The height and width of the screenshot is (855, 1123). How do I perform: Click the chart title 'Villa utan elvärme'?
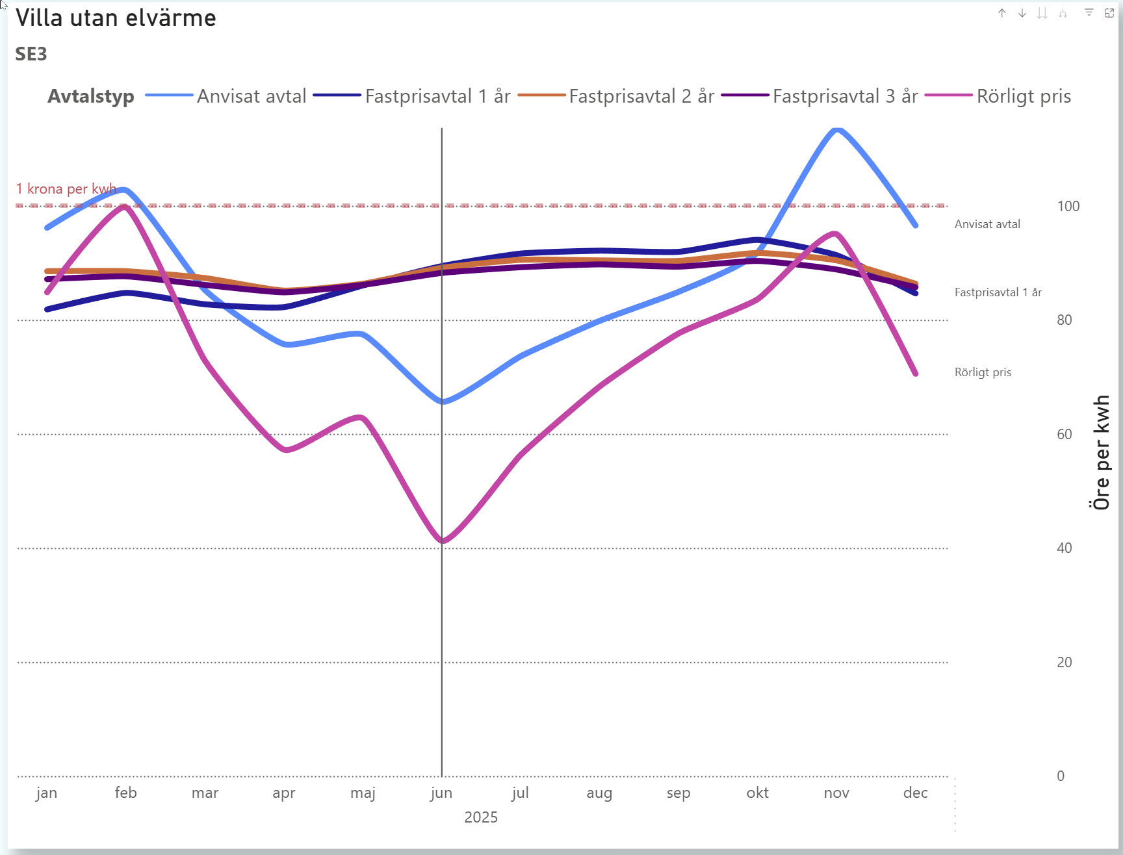click(116, 18)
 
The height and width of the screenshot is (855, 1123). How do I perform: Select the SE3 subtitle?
click(31, 54)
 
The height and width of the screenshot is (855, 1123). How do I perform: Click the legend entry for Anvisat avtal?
click(251, 96)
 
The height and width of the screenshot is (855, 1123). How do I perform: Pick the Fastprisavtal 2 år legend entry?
click(641, 96)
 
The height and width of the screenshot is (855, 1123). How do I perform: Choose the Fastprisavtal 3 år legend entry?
click(844, 96)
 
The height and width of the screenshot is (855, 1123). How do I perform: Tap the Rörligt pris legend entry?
click(1023, 96)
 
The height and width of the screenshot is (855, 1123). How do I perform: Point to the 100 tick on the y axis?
click(1068, 206)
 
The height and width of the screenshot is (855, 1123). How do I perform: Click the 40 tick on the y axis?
click(1064, 548)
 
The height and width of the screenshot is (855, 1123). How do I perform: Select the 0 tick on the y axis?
click(1061, 776)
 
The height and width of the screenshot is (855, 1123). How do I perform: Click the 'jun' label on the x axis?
click(441, 793)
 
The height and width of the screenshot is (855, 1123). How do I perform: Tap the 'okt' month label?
click(757, 793)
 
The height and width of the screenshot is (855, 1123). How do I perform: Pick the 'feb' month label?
click(125, 793)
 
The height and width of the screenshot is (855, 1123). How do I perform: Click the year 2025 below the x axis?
click(481, 817)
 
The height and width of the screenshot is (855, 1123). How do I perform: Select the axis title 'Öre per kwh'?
click(1101, 452)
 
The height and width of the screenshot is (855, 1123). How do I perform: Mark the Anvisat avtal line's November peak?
click(836, 130)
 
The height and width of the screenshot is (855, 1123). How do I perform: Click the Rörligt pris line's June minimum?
click(443, 541)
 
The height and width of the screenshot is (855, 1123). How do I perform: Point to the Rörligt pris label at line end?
click(983, 372)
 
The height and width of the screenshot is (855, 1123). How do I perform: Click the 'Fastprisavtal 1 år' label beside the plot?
click(998, 292)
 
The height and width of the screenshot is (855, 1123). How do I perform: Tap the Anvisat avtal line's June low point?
click(443, 402)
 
